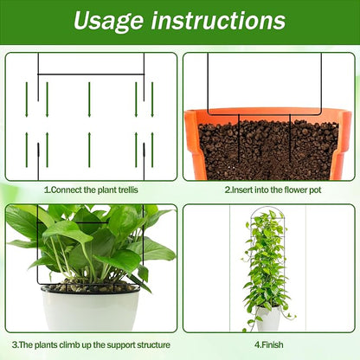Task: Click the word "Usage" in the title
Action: (108, 21)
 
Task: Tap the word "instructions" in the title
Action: (218, 20)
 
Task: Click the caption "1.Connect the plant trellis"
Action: (91, 190)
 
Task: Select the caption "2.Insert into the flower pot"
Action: (273, 190)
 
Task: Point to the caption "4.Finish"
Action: (269, 344)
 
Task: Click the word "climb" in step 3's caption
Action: (70, 345)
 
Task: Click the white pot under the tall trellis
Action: (268, 318)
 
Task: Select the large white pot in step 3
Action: (91, 310)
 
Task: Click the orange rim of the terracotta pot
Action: (267, 112)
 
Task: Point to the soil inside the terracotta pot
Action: (268, 150)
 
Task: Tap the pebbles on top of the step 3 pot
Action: (90, 286)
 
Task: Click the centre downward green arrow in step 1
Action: (89, 100)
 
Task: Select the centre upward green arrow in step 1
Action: (89, 150)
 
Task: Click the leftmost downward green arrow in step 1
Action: (27, 100)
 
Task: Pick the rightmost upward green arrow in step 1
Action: (152, 150)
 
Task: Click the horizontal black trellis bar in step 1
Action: (91, 74)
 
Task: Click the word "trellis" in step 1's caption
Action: (128, 190)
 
